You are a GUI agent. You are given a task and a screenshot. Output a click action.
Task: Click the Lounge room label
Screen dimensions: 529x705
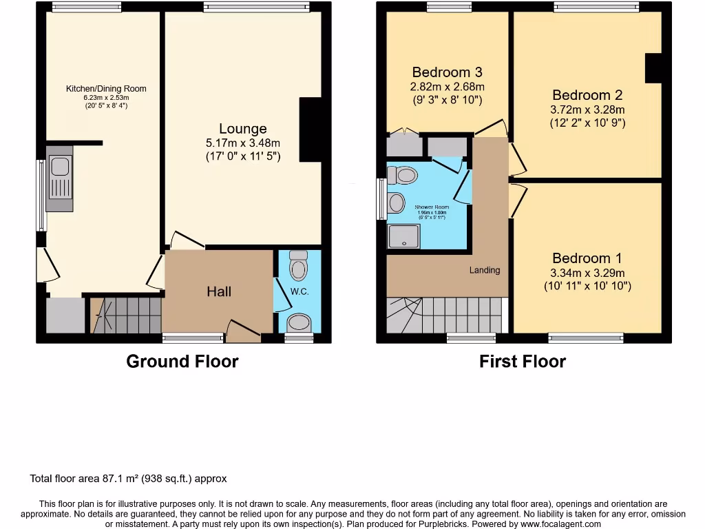click(x=242, y=129)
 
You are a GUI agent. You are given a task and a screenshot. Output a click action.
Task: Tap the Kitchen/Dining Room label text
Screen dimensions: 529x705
click(x=106, y=88)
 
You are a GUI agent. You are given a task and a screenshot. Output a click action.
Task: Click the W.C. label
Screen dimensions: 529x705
click(x=299, y=291)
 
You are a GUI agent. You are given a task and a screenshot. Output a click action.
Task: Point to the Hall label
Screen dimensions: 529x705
click(x=219, y=291)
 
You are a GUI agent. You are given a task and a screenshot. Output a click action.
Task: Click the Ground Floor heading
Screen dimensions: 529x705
click(x=182, y=362)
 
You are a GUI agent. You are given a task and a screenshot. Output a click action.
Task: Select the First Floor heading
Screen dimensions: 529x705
click(x=523, y=362)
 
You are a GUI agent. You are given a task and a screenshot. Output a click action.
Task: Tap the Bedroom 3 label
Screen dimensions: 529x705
click(x=447, y=72)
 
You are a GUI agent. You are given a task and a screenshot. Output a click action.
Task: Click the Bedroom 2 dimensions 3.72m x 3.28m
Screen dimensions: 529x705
click(x=588, y=110)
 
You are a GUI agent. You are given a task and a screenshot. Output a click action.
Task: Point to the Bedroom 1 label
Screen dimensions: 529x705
click(x=587, y=258)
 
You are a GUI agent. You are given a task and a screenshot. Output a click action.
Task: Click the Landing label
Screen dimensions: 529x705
click(x=485, y=270)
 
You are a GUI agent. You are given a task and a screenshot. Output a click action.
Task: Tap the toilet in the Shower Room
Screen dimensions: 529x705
click(x=403, y=176)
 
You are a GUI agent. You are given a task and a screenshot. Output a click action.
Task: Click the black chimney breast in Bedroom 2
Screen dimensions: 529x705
click(x=653, y=68)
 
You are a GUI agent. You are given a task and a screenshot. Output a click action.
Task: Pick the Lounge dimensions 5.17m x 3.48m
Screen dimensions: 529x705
click(x=243, y=143)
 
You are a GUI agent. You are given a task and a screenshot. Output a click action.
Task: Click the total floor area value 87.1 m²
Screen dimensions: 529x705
click(x=136, y=478)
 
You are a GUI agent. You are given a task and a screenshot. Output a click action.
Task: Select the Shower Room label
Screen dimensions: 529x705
click(x=432, y=207)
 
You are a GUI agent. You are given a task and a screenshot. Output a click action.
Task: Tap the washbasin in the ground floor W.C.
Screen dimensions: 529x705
click(x=299, y=322)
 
